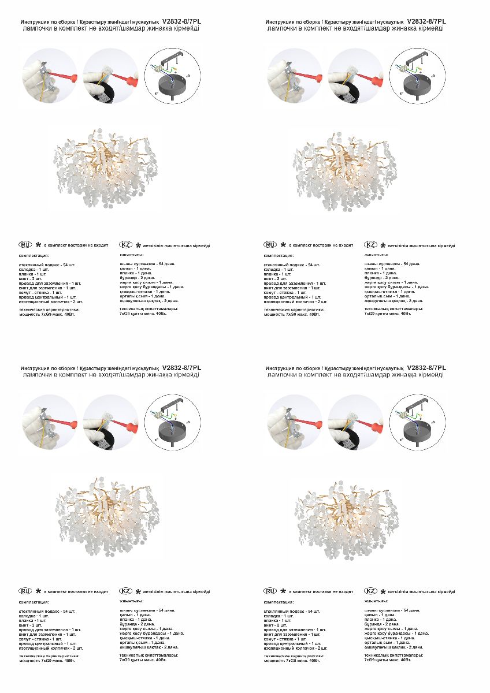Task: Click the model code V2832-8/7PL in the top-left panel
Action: pyautogui.click(x=182, y=21)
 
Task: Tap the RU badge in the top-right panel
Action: pyautogui.click(x=270, y=245)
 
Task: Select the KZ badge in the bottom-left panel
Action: pyautogui.click(x=126, y=591)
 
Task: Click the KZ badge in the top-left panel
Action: pyautogui.click(x=126, y=245)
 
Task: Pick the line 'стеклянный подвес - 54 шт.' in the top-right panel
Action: pyautogui.click(x=291, y=264)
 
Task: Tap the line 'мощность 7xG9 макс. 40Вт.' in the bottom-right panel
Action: pyautogui.click(x=292, y=661)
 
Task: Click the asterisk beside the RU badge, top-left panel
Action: pyautogui.click(x=38, y=245)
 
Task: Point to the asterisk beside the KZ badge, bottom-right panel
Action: pyautogui.click(x=383, y=592)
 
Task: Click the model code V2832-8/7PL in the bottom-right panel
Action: pyautogui.click(x=426, y=368)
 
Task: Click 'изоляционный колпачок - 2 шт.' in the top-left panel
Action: pyautogui.click(x=51, y=301)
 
